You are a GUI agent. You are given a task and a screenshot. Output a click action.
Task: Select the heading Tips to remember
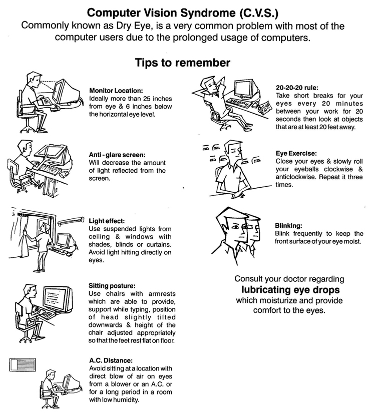coord(182,63)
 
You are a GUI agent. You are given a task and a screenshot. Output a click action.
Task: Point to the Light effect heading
coord(107,220)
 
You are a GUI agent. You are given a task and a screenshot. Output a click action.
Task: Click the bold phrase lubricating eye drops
coord(290,290)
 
